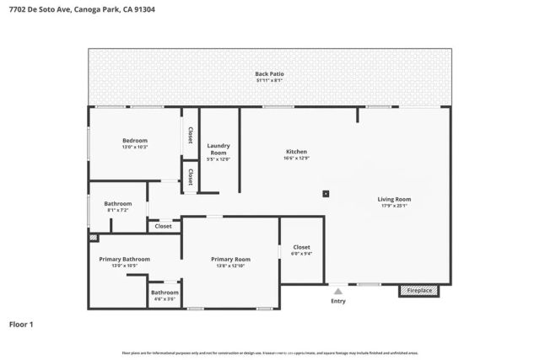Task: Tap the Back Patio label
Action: coord(269,74)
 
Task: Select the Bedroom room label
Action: coord(135,140)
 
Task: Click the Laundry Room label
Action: coord(218,148)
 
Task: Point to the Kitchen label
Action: coord(295,152)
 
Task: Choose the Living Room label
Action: coord(394,199)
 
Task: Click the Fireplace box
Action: coord(420,291)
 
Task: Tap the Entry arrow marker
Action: coord(337,288)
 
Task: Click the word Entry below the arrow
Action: coord(337,301)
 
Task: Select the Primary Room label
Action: coord(230,259)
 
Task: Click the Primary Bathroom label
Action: coord(124,259)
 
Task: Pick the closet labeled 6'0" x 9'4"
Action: coord(301,254)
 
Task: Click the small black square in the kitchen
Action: coord(326,193)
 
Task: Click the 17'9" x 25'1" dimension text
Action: coord(394,206)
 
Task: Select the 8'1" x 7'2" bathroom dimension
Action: coord(117,210)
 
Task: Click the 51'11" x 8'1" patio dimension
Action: coord(269,81)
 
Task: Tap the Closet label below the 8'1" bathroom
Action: coord(163,226)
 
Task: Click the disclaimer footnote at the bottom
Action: coord(269,353)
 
